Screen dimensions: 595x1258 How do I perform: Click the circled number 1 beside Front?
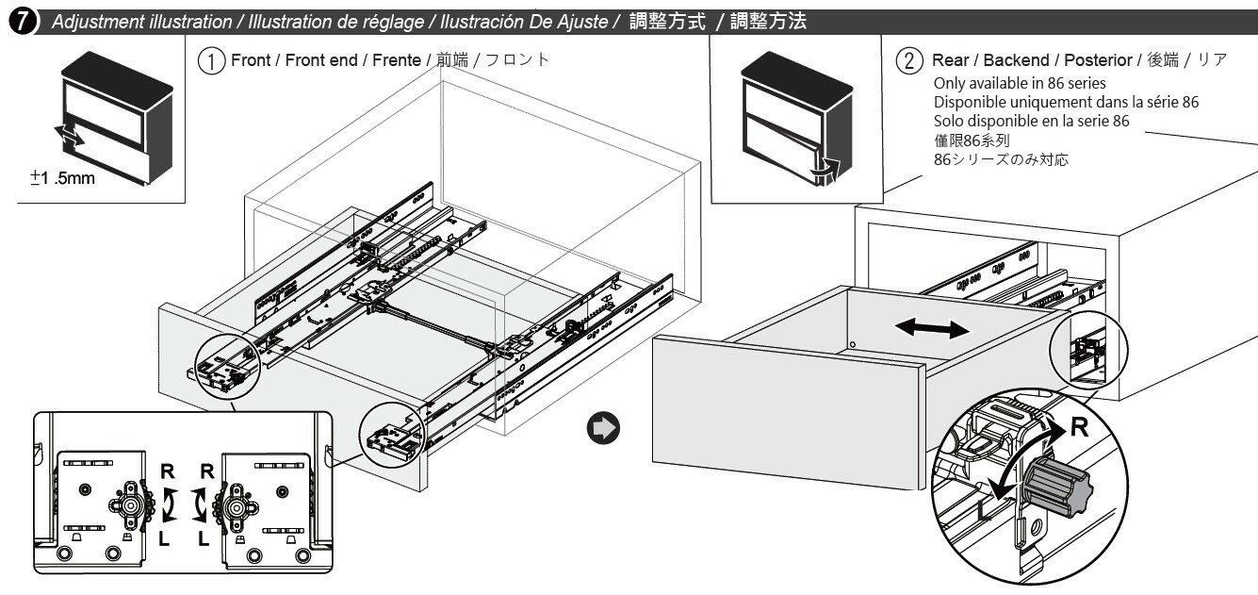coord(209,59)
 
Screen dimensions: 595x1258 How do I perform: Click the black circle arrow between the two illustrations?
coord(600,427)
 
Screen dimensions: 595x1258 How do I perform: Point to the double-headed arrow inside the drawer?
coord(931,329)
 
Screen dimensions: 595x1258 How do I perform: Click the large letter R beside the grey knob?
coord(1080,427)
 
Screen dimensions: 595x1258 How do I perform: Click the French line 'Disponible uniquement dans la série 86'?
coord(1066,102)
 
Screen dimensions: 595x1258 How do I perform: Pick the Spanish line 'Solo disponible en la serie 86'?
coord(1031,121)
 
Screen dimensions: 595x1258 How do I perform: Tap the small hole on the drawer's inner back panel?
coord(851,346)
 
